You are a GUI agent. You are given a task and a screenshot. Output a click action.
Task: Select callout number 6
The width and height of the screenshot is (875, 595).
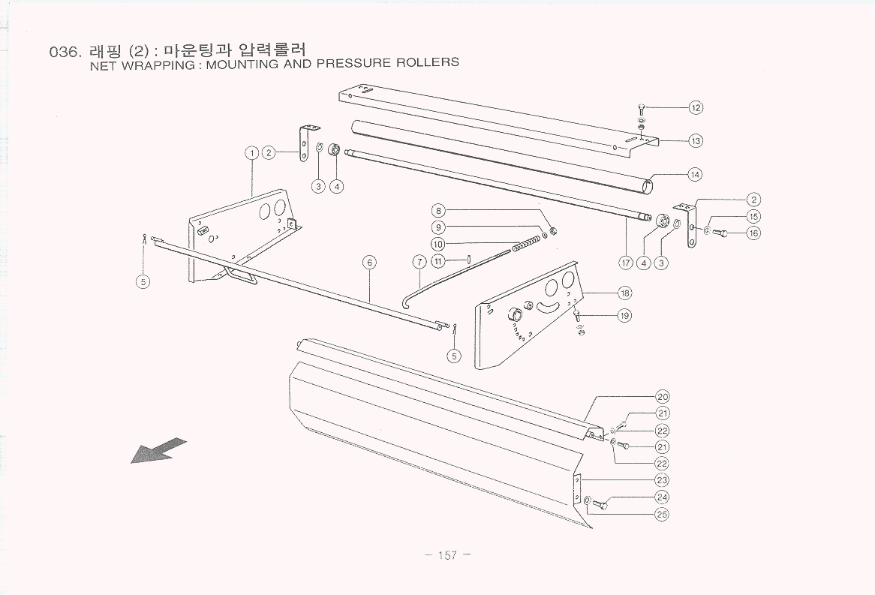coord(368,262)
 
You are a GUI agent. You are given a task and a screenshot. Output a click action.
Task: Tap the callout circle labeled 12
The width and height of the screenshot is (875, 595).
coord(696,107)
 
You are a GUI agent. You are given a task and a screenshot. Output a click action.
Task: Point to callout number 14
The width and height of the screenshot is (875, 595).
coord(696,174)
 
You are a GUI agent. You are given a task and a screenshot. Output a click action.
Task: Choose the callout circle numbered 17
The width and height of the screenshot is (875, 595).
coord(626,263)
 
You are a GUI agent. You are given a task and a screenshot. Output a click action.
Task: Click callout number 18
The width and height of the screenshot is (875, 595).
coord(624,293)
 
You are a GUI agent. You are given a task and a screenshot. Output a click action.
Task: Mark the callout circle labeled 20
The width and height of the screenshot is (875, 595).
coord(662,397)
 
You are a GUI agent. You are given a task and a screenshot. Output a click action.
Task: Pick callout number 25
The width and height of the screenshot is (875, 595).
coord(662,514)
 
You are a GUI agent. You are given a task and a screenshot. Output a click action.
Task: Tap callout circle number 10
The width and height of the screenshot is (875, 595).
coord(439,244)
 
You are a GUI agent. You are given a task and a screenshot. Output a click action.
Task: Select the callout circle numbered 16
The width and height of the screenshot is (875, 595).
coord(753,233)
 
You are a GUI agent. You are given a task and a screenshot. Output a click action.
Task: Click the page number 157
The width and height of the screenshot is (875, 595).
coord(447,555)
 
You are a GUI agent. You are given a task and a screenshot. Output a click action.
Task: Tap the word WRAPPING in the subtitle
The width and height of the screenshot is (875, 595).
coord(157,65)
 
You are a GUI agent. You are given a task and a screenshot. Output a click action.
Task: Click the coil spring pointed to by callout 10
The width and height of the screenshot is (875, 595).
coord(526,244)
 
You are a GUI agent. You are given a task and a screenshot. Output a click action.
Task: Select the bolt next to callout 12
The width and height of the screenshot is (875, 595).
coord(641,111)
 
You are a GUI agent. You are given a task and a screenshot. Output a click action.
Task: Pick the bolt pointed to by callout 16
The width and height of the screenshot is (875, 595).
coord(720,233)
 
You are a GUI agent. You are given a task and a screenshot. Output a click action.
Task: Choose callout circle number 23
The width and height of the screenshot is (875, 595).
coord(662,480)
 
